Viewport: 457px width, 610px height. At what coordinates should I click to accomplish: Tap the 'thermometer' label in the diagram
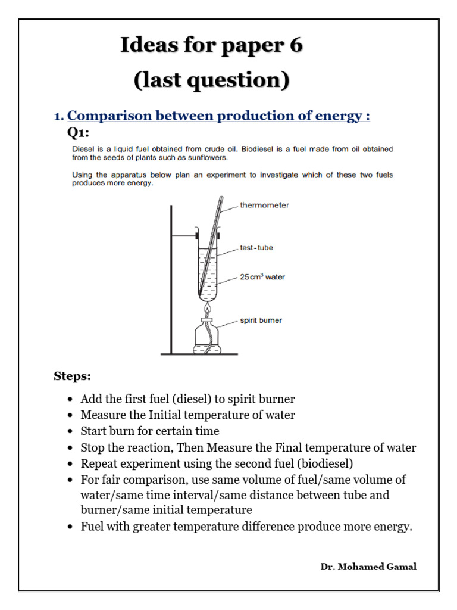(264, 205)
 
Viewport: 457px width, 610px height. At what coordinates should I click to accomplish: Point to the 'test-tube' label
(256, 248)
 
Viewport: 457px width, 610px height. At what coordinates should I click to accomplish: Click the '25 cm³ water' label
(262, 277)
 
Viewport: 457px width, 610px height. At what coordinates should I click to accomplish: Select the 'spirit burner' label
(261, 320)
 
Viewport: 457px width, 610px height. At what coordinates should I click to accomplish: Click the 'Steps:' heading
(73, 376)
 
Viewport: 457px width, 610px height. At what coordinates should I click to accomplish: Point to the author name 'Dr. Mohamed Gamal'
(368, 567)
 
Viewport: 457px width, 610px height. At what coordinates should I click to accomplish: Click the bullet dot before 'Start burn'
(71, 431)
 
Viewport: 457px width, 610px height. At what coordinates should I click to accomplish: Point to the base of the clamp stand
(199, 354)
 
